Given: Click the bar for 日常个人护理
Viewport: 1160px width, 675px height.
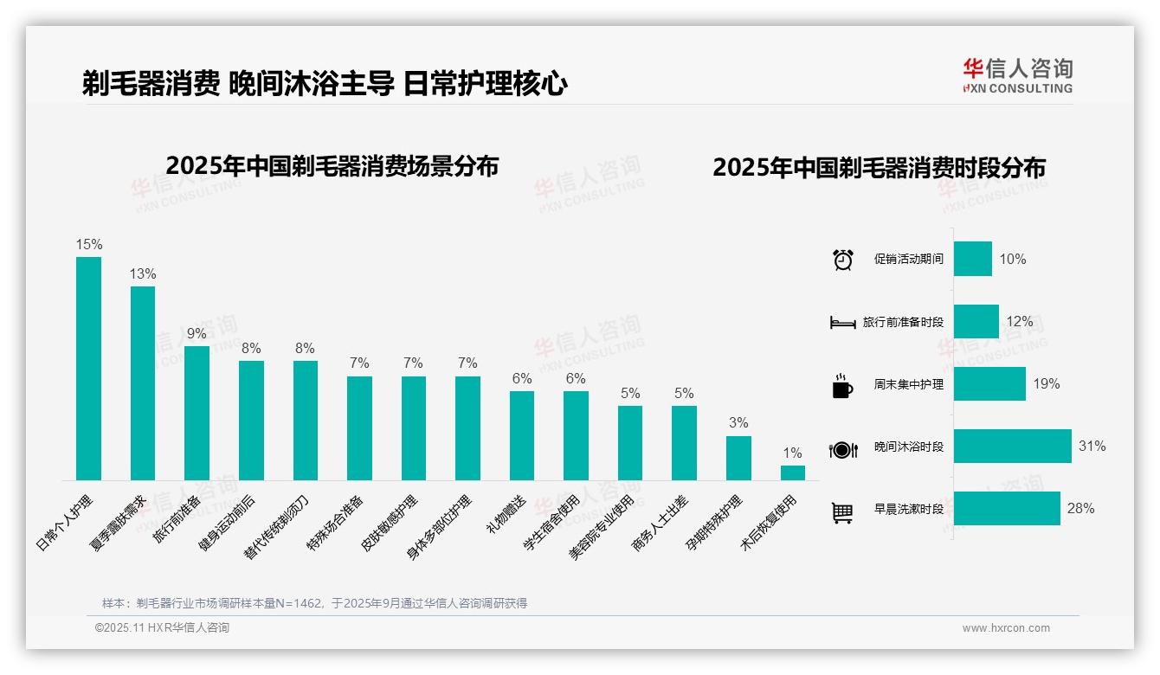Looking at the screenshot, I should (x=88, y=368).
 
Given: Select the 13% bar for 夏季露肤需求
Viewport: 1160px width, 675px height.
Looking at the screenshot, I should (x=143, y=382).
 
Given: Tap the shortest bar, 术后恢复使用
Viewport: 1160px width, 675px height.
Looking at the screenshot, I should (x=792, y=472).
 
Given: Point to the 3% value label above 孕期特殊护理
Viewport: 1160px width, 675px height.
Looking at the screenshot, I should (x=738, y=423).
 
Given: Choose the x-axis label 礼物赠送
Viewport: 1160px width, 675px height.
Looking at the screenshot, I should (x=506, y=514).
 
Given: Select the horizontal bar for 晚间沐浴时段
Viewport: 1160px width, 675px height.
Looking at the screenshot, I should (x=1012, y=447).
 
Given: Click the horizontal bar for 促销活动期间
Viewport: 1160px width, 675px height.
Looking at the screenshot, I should (x=972, y=259).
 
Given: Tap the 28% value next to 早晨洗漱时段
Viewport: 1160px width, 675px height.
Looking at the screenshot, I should (x=1080, y=509).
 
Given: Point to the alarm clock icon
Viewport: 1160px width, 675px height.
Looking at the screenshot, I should (x=842, y=260).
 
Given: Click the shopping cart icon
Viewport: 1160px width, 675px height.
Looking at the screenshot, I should (x=842, y=512).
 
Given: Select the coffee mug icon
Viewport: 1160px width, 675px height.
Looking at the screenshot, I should (x=841, y=386).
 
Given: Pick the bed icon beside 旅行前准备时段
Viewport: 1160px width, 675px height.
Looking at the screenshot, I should (x=842, y=323).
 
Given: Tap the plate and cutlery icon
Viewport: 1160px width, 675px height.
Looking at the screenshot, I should (x=842, y=449).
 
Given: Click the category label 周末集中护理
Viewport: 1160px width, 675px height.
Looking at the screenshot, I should (x=908, y=384).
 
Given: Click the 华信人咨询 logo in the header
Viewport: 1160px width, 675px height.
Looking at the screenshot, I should (x=1017, y=75).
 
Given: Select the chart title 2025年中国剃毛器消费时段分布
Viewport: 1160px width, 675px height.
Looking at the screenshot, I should (x=879, y=168).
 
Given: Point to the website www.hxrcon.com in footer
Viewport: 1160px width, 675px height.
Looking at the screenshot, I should (x=1005, y=628).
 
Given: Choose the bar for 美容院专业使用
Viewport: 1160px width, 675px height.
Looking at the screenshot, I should (x=629, y=442).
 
